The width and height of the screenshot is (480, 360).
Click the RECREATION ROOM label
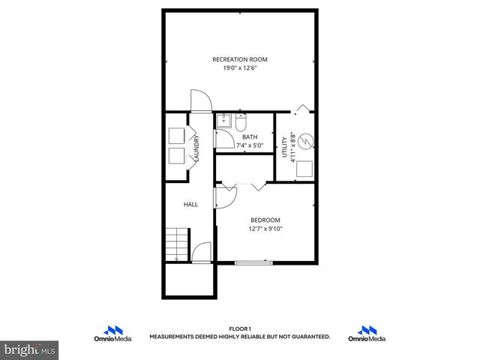239,59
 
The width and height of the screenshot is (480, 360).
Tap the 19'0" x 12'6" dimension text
239,68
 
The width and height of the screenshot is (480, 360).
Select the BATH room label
249,137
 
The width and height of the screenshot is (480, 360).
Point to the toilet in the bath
242,121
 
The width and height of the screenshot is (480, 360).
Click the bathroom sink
223,121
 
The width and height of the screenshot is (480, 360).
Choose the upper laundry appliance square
178,136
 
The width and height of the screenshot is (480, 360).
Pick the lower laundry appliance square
178,156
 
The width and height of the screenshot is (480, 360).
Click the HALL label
191,203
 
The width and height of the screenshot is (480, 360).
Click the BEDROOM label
265,220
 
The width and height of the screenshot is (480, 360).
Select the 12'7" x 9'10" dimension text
265,229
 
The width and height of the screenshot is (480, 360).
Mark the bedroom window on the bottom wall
253,262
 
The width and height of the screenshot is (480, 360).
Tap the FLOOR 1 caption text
239,329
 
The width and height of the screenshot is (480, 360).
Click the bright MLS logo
29,349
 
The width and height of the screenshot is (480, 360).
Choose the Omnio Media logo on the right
367,334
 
